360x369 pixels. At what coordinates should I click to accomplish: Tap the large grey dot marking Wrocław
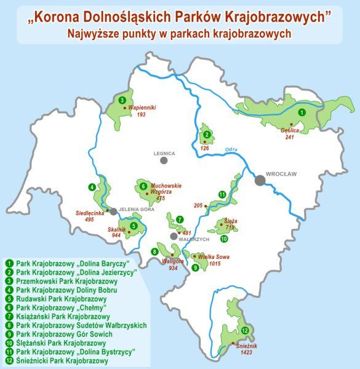(261, 180)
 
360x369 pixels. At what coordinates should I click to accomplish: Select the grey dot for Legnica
(164, 161)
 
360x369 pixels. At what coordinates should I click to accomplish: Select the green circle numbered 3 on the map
(123, 100)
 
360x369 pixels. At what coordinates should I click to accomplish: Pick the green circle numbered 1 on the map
(301, 113)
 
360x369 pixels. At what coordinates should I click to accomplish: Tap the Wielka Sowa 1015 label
(209, 260)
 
